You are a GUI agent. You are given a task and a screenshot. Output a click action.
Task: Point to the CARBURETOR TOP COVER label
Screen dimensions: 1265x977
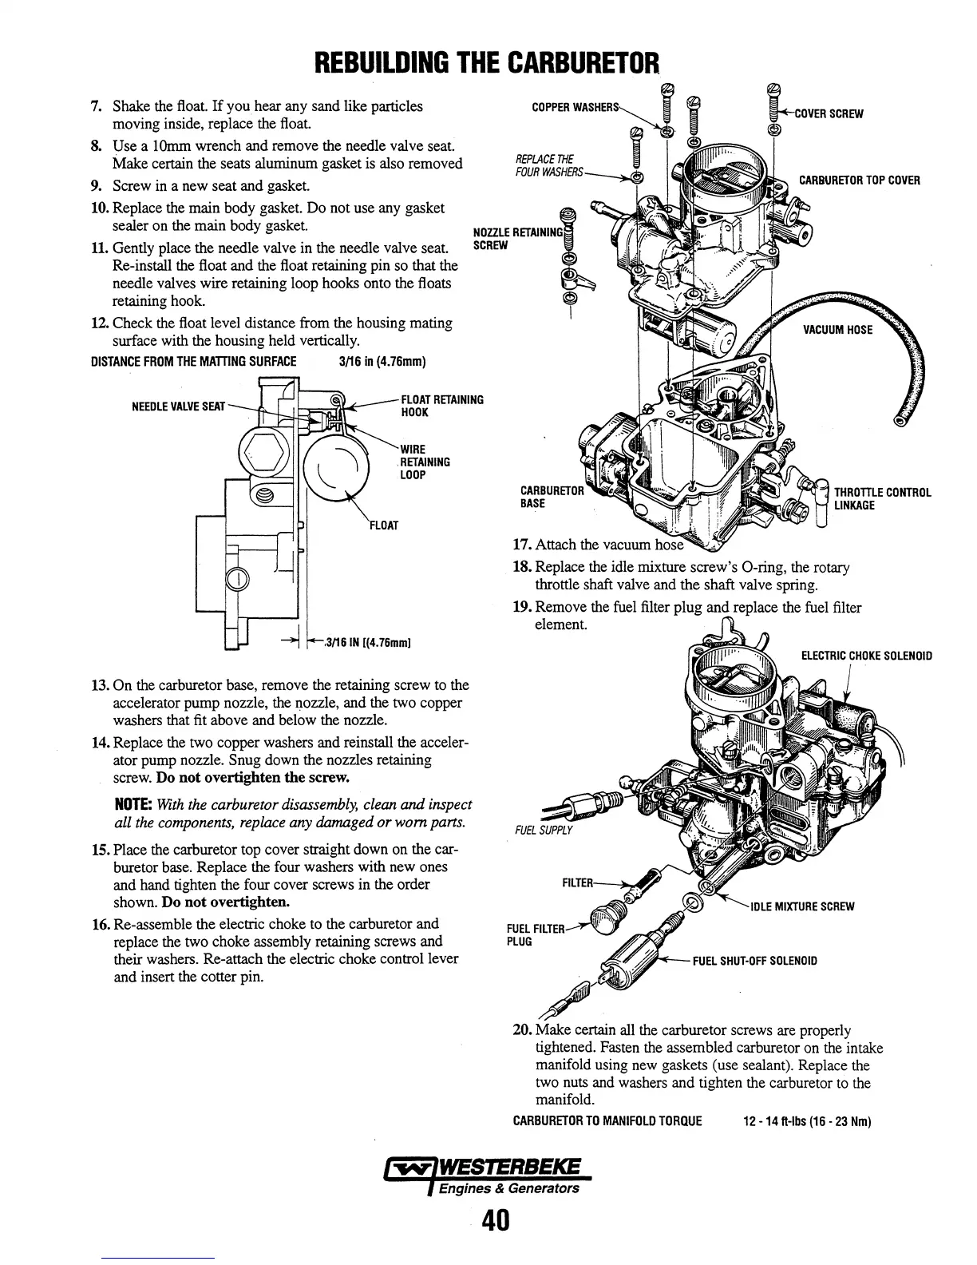click(859, 180)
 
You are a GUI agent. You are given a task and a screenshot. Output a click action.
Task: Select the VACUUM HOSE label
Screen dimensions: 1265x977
click(837, 330)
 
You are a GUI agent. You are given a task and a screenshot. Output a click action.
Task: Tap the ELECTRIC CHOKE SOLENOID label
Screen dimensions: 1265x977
click(866, 656)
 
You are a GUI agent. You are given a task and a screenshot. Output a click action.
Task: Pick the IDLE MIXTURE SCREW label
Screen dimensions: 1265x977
click(801, 906)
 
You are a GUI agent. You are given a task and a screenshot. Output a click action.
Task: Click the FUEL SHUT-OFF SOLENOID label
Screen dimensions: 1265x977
click(754, 960)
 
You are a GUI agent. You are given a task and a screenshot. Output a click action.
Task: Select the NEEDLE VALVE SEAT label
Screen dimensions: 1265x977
click(179, 407)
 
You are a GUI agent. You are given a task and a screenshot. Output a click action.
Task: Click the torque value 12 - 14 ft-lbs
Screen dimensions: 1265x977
click(775, 1120)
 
